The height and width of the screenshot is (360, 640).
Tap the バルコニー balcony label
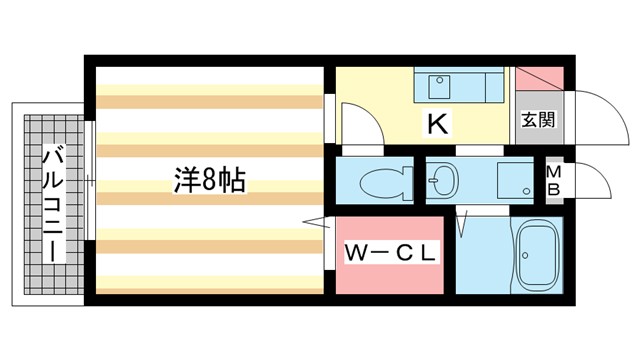[x=51, y=204]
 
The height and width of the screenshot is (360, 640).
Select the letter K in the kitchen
[x=436, y=124]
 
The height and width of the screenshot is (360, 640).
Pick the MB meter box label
[x=553, y=181]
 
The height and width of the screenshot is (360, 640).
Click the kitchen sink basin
[x=439, y=88]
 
